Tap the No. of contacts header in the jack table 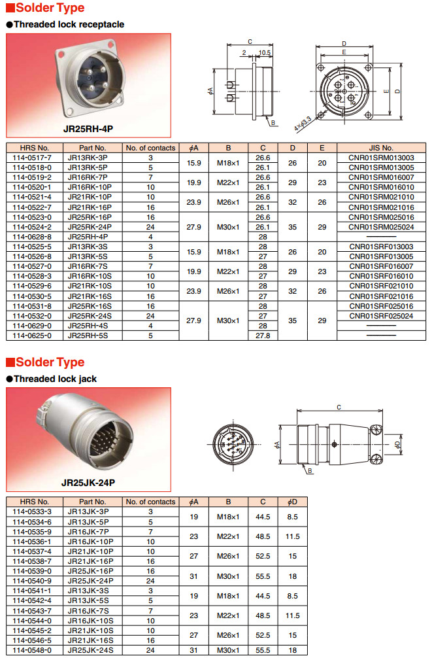(150, 502)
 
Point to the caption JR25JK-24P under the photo (88, 483)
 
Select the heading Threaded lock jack (55, 379)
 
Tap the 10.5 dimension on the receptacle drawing (265, 53)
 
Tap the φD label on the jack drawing (398, 445)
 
